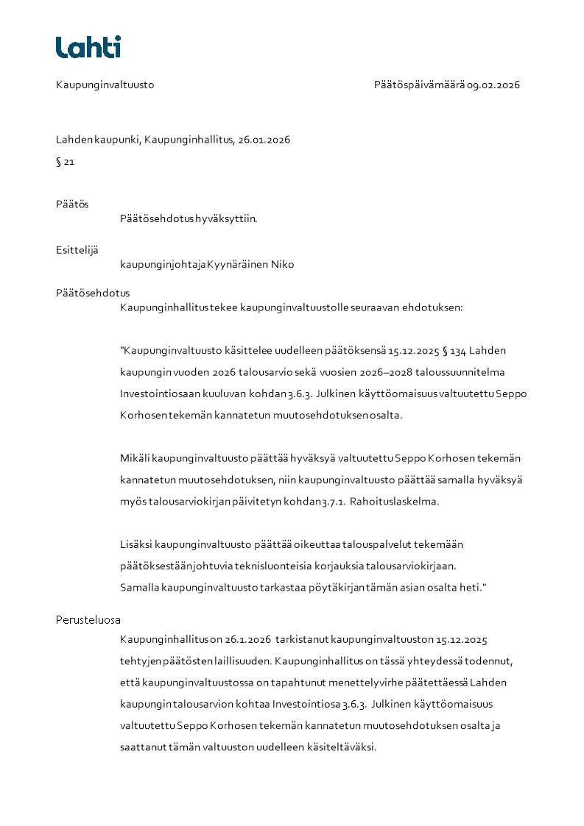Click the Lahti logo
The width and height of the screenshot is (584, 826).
pyautogui.click(x=88, y=47)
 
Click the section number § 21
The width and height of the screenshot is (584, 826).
pyautogui.click(x=65, y=162)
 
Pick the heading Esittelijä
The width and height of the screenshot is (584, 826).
pyautogui.click(x=77, y=250)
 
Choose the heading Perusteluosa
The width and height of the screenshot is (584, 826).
pyautogui.click(x=88, y=619)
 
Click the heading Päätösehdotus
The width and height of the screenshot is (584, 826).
pyautogui.click(x=93, y=293)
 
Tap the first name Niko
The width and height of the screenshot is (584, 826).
pyautogui.click(x=283, y=264)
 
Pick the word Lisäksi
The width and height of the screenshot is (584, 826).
pyautogui.click(x=136, y=545)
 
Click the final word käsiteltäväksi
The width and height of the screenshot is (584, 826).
pyautogui.click(x=343, y=747)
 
